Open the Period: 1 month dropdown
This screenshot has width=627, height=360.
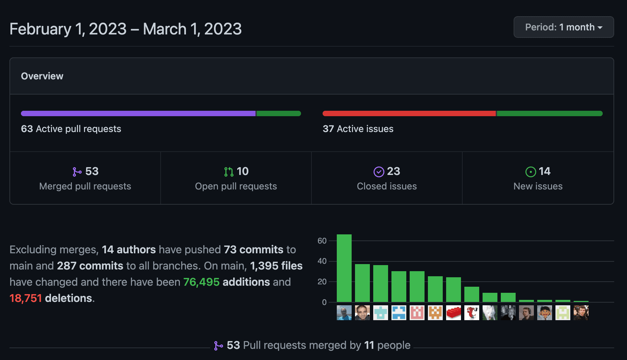click(x=564, y=27)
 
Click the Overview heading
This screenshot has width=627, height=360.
click(x=42, y=76)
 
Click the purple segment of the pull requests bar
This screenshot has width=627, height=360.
click(x=138, y=113)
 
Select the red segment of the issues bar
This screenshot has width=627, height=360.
click(x=409, y=113)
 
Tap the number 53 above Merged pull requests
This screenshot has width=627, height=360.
click(x=91, y=171)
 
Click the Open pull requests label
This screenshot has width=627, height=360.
click(x=236, y=186)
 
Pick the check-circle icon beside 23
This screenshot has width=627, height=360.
click(x=379, y=172)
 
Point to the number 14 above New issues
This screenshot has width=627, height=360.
click(x=544, y=171)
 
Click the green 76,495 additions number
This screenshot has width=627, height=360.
click(x=201, y=282)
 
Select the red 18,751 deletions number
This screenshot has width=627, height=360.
click(x=26, y=298)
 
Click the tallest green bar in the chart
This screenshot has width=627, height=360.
click(x=344, y=268)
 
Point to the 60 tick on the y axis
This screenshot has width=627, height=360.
click(x=322, y=241)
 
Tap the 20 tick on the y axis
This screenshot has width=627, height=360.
click(x=322, y=282)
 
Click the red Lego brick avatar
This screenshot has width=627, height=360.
click(x=453, y=313)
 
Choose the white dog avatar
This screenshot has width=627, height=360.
click(x=490, y=313)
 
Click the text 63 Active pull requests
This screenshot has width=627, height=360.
click(x=71, y=129)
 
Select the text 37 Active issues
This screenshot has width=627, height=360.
click(x=358, y=129)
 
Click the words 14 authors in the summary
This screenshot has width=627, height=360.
click(x=129, y=250)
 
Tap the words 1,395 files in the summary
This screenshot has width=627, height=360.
click(x=276, y=266)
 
